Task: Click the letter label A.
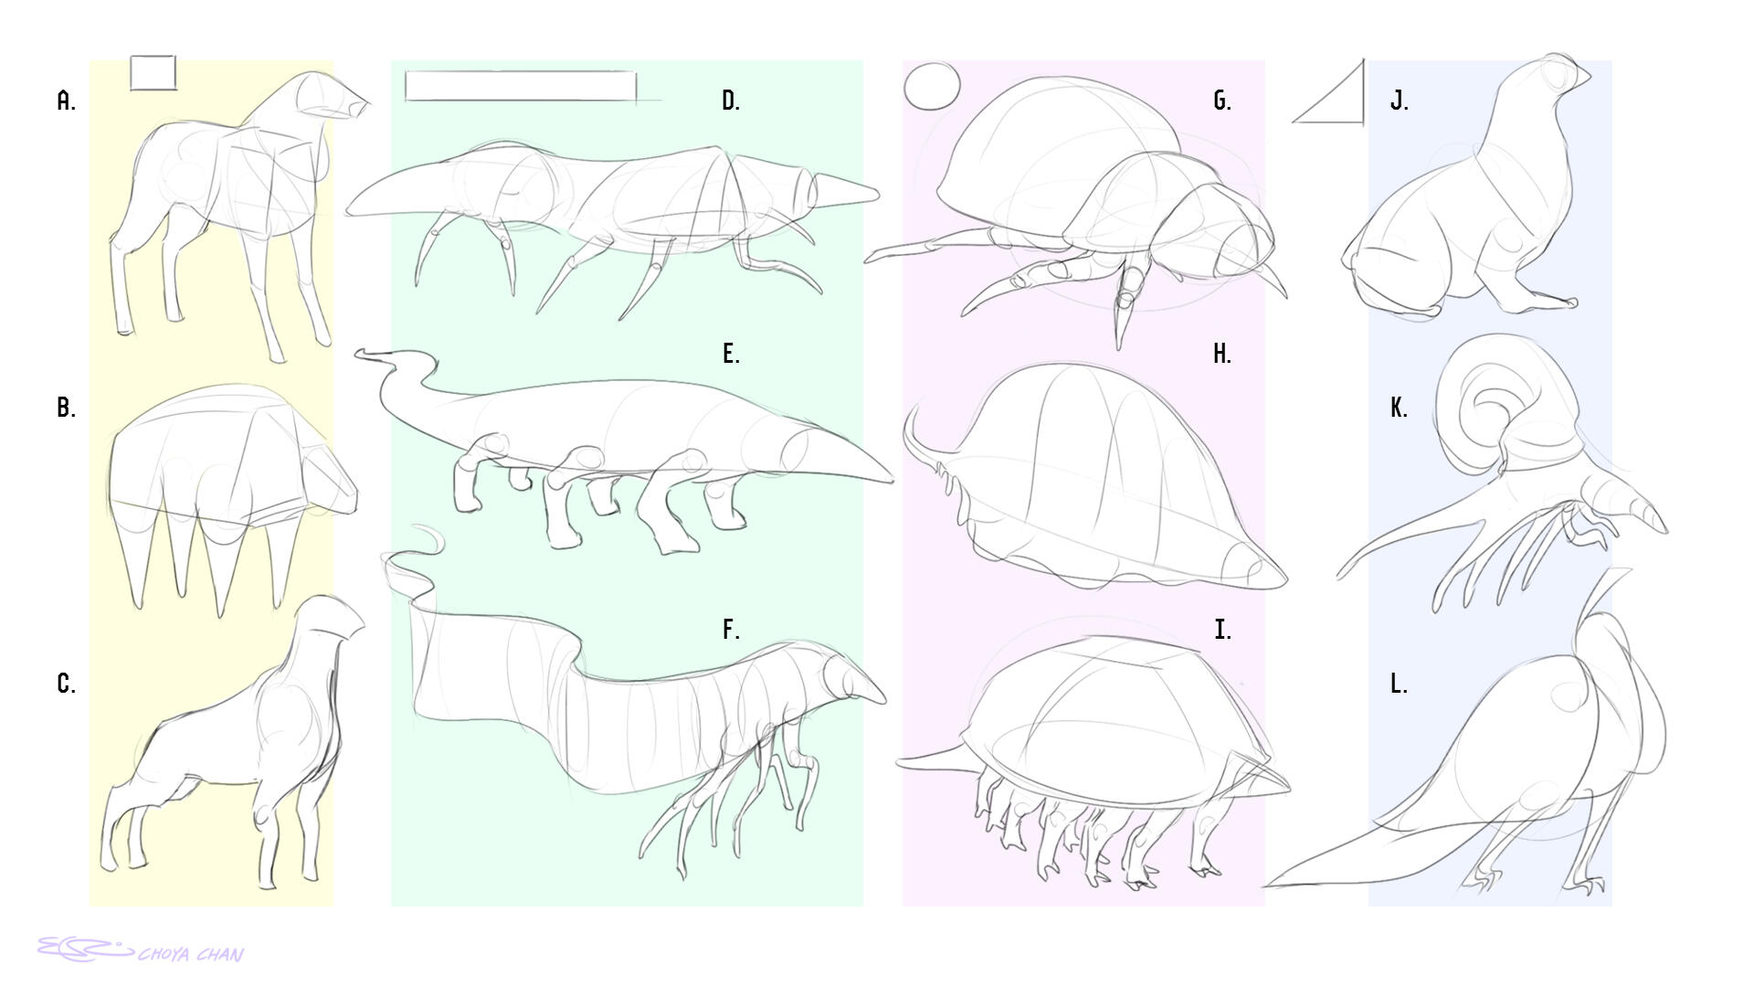(x=66, y=101)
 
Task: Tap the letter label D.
(x=730, y=101)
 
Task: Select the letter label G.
(x=1221, y=101)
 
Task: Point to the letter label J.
(x=1399, y=101)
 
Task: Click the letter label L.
(x=1398, y=684)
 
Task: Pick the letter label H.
(x=1221, y=355)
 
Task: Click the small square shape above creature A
(x=153, y=73)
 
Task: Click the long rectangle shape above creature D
(x=520, y=85)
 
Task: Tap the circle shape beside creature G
(x=932, y=87)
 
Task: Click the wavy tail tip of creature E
(x=365, y=354)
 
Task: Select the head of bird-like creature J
(x=1559, y=73)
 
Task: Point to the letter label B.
(x=66, y=408)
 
